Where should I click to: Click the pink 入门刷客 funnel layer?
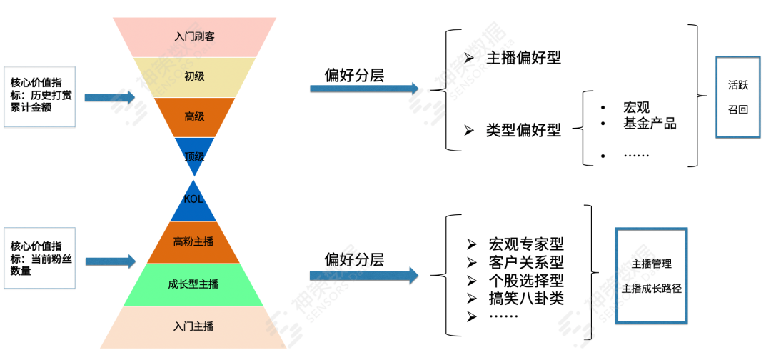pos(194,36)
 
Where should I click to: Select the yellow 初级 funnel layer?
pos(194,76)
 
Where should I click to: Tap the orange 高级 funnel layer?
pos(194,116)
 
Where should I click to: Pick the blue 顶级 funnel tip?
pos(194,154)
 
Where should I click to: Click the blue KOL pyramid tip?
pos(193,201)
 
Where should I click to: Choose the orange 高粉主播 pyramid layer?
pos(193,241)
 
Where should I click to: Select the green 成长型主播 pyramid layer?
pos(193,284)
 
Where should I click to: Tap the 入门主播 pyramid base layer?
pos(193,326)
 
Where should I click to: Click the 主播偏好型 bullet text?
pos(523,58)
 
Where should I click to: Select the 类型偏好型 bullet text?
pos(523,130)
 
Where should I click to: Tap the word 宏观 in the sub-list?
pos(636,107)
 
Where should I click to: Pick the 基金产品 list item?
pos(649,124)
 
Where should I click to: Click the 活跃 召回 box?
pos(738,97)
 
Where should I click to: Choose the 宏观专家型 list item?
pos(526,244)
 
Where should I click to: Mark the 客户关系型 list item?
pos(526,262)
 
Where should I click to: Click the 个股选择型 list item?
pos(526,280)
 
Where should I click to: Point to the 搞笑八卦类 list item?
pos(526,298)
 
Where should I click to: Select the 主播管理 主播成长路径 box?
pos(651,276)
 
